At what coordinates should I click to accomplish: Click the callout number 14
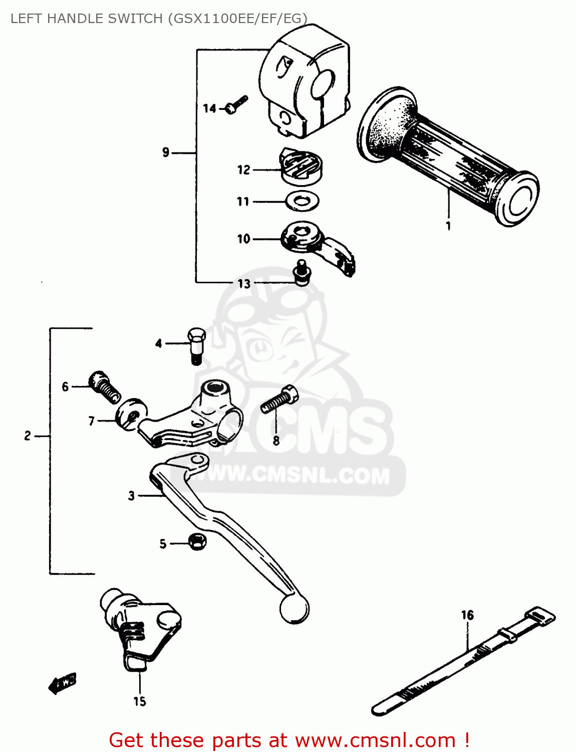[209, 108]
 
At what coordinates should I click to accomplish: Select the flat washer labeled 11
[303, 202]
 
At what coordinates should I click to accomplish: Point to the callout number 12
[243, 170]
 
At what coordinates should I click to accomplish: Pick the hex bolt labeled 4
[196, 344]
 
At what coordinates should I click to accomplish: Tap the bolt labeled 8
[279, 400]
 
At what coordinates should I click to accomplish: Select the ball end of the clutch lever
[294, 609]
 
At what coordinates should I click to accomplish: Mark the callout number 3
[131, 496]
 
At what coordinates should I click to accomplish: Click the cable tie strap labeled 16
[463, 662]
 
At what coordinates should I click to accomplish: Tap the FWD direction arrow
[63, 683]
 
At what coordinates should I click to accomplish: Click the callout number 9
[166, 152]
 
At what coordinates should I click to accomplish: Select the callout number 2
[28, 436]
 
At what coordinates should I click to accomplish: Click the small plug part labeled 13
[302, 274]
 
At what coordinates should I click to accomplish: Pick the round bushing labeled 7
[131, 413]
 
